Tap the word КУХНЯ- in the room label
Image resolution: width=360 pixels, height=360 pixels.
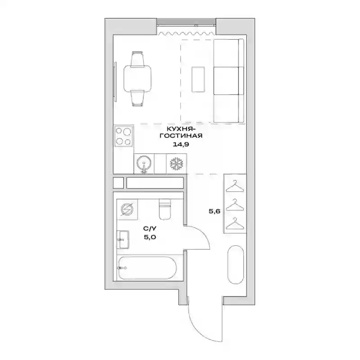click(181, 128)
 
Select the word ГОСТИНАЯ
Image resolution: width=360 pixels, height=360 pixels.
click(181, 136)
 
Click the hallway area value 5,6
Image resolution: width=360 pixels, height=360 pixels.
click(215, 211)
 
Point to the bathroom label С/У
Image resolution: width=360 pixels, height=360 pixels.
click(150, 229)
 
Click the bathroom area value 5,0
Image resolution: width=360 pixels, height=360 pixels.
click(150, 237)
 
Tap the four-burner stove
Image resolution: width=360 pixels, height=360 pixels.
click(123, 136)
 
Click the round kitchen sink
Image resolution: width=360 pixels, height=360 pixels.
click(144, 163)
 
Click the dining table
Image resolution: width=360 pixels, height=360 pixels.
click(138, 78)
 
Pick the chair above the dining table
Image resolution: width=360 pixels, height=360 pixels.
click(138, 59)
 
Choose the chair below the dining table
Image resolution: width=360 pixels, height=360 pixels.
click(138, 98)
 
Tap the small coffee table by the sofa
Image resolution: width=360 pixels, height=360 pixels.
click(198, 80)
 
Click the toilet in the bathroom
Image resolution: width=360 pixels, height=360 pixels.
click(165, 209)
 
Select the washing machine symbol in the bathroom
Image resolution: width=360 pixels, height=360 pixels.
click(127, 209)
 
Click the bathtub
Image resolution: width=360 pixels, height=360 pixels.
click(148, 268)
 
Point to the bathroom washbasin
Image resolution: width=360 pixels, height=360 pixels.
click(123, 240)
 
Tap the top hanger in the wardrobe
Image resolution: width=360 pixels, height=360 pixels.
click(234, 186)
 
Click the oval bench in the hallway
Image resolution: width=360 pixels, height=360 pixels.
click(235, 265)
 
